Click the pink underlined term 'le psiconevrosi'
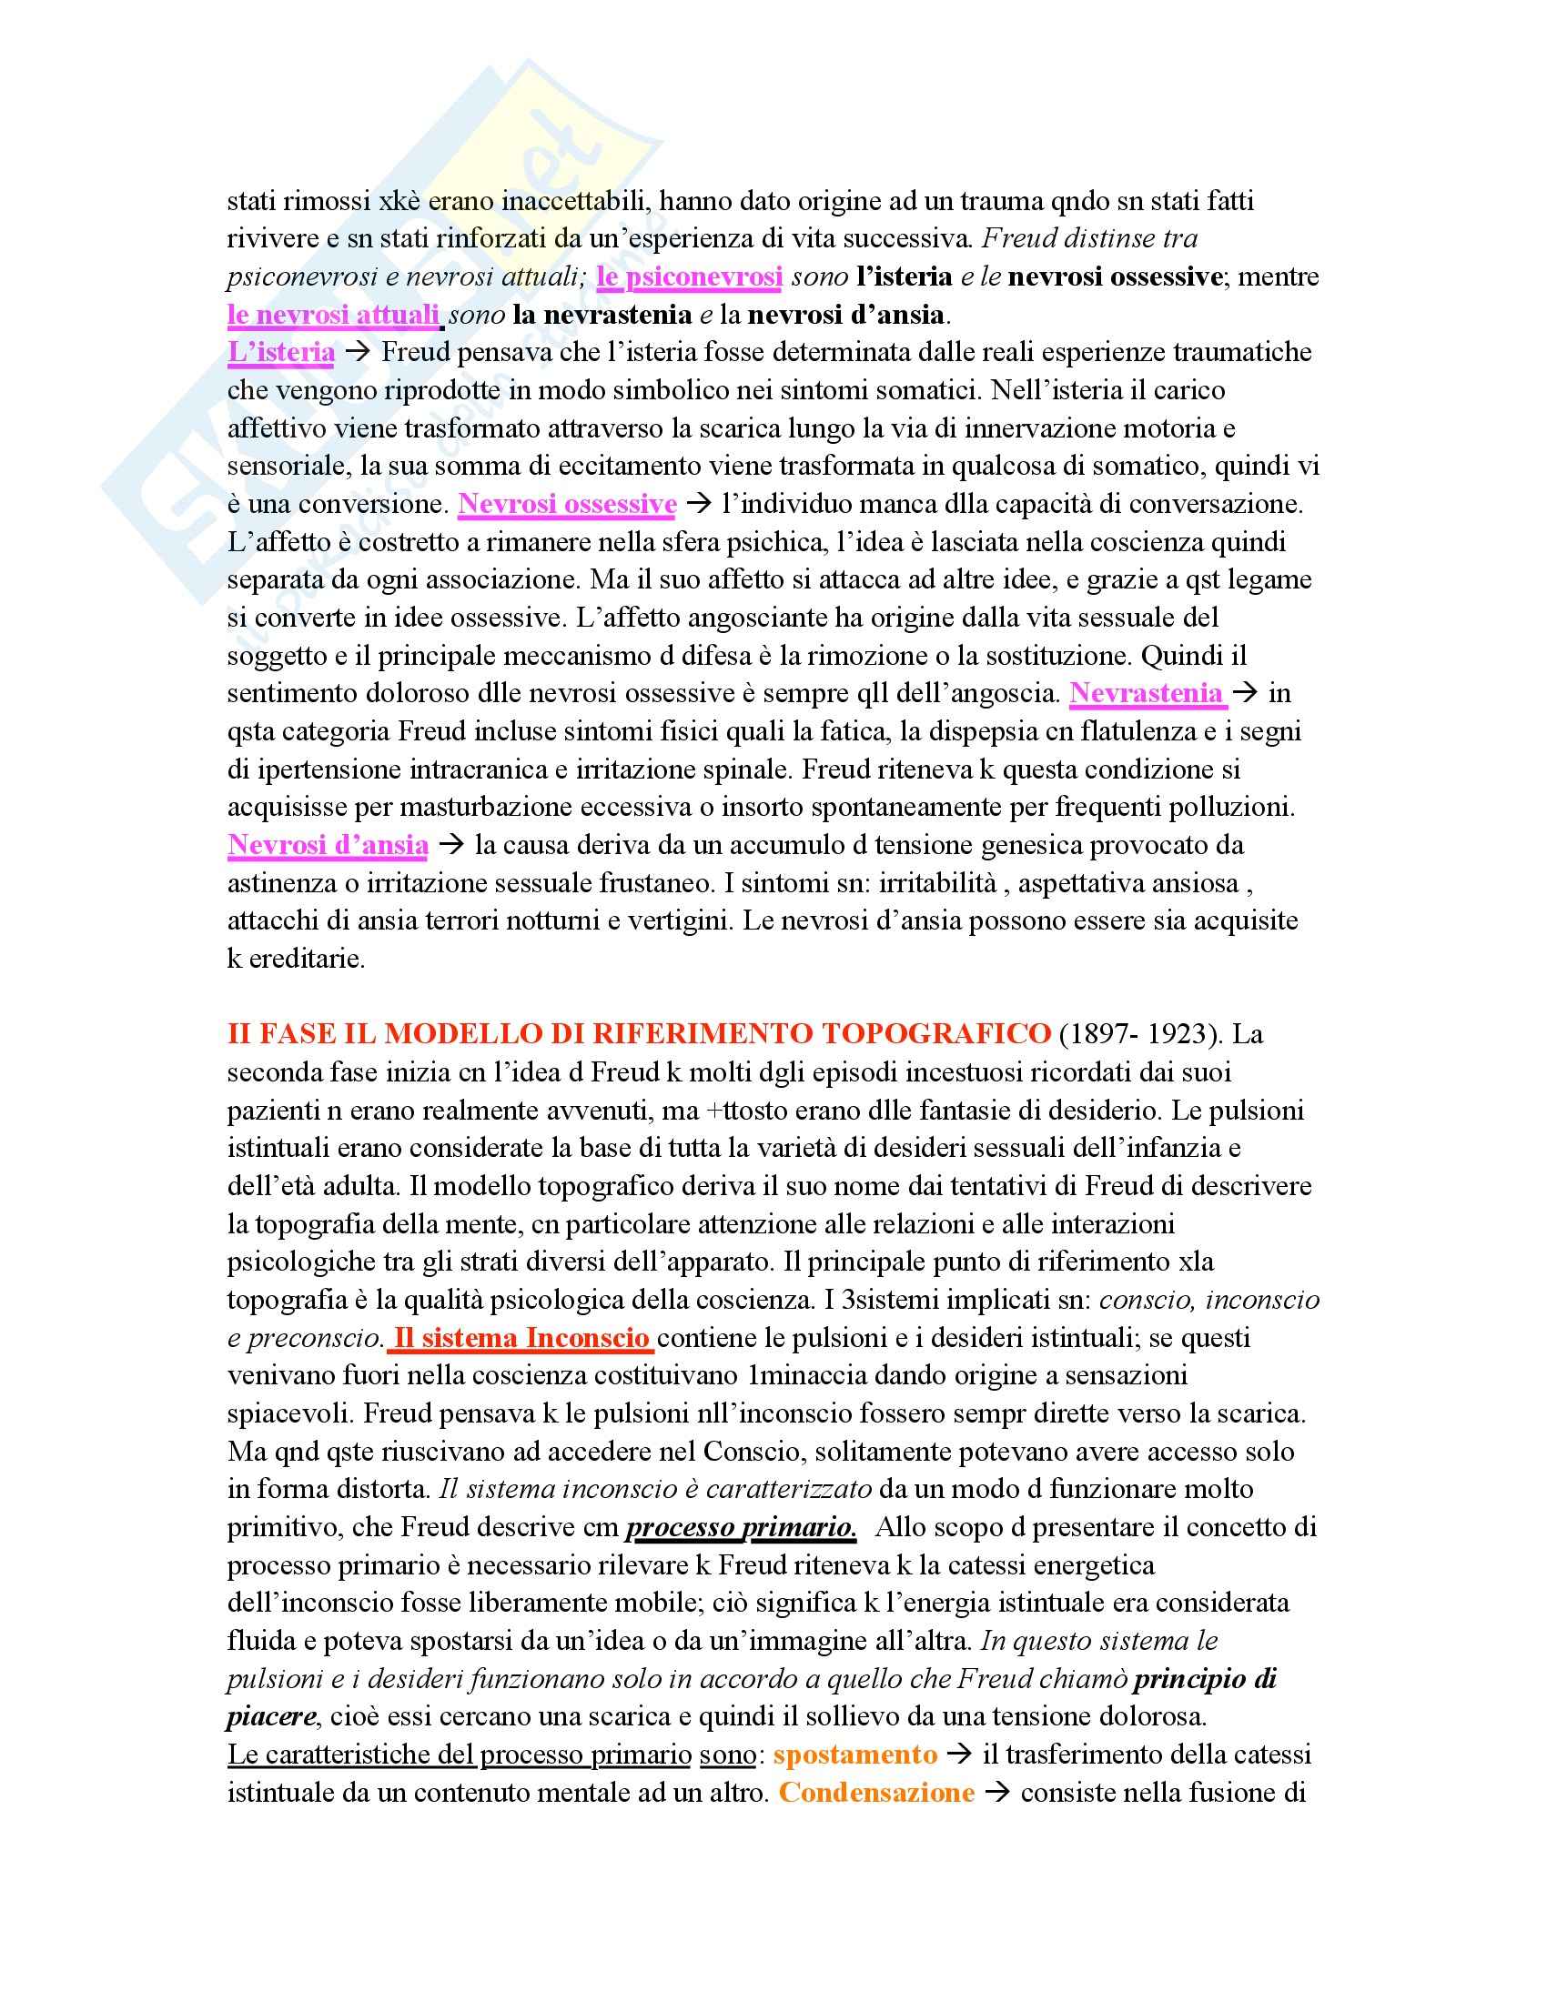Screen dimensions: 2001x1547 click(x=688, y=277)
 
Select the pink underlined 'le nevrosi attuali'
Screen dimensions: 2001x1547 click(x=334, y=316)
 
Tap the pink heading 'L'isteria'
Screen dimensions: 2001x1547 click(x=280, y=353)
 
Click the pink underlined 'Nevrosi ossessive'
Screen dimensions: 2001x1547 click(x=567, y=505)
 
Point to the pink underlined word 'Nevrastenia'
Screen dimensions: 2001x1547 click(x=1147, y=694)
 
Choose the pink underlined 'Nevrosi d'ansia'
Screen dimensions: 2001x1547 click(x=328, y=845)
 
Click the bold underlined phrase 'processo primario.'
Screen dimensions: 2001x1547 click(x=741, y=1528)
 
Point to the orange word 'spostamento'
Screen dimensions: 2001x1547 click(x=855, y=1755)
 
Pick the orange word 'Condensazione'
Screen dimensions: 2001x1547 click(x=876, y=1793)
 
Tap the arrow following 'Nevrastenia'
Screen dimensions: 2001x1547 click(x=1245, y=694)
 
